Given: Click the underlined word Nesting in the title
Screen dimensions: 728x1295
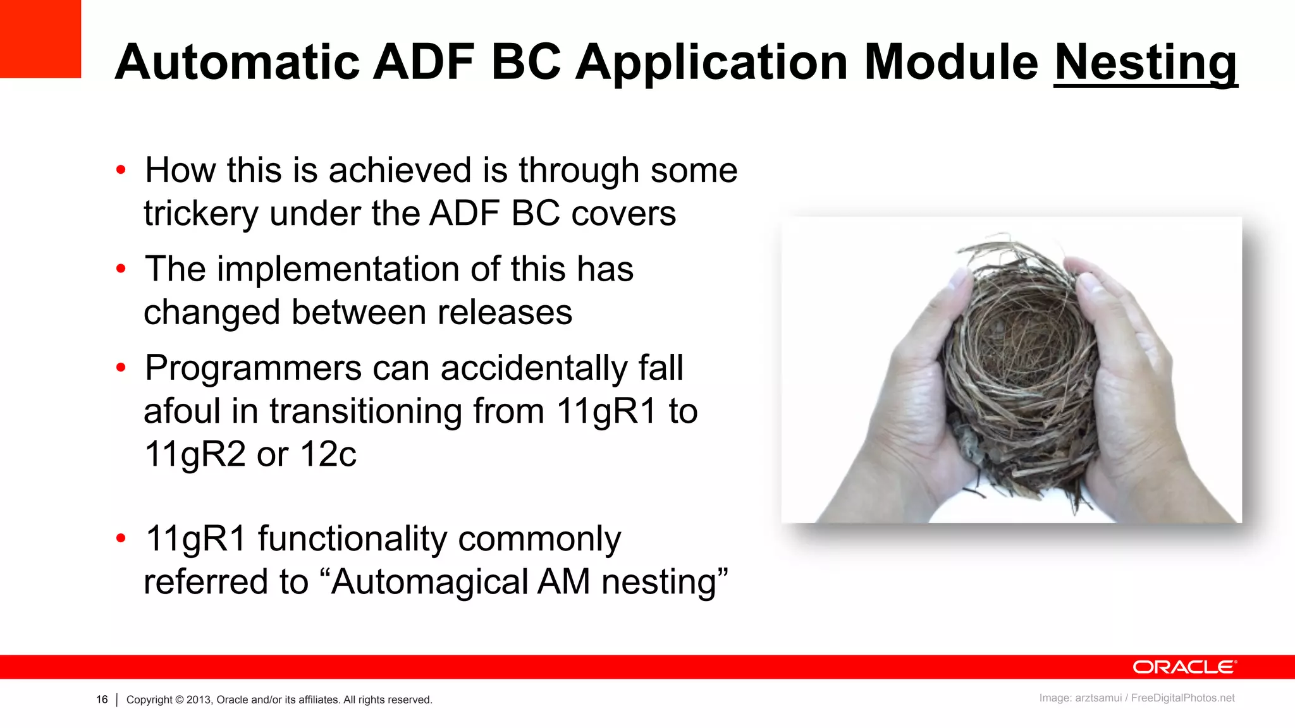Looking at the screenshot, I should (x=1145, y=63).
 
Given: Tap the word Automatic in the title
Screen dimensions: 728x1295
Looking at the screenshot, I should (x=237, y=63).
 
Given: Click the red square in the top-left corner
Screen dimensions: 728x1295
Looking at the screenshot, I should (x=40, y=38).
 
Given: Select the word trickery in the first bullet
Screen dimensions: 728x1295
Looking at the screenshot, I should (x=200, y=214).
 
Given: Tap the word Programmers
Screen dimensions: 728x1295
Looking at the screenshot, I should (x=253, y=368).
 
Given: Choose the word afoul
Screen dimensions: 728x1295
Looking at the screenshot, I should (x=181, y=411).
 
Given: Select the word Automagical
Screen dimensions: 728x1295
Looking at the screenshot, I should (x=429, y=581).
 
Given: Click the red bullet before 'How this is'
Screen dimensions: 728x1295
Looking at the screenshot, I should (x=121, y=170).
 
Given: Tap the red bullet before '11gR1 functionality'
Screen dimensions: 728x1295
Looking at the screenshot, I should (x=121, y=538).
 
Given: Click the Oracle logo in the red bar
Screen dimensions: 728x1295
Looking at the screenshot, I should (x=1184, y=667).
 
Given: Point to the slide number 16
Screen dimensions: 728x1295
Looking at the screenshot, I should (x=102, y=700).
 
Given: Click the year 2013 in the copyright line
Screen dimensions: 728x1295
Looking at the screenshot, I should (x=198, y=700).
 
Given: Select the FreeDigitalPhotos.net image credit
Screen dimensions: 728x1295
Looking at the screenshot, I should (x=1182, y=698).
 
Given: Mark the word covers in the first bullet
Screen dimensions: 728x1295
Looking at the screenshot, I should (x=623, y=214).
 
